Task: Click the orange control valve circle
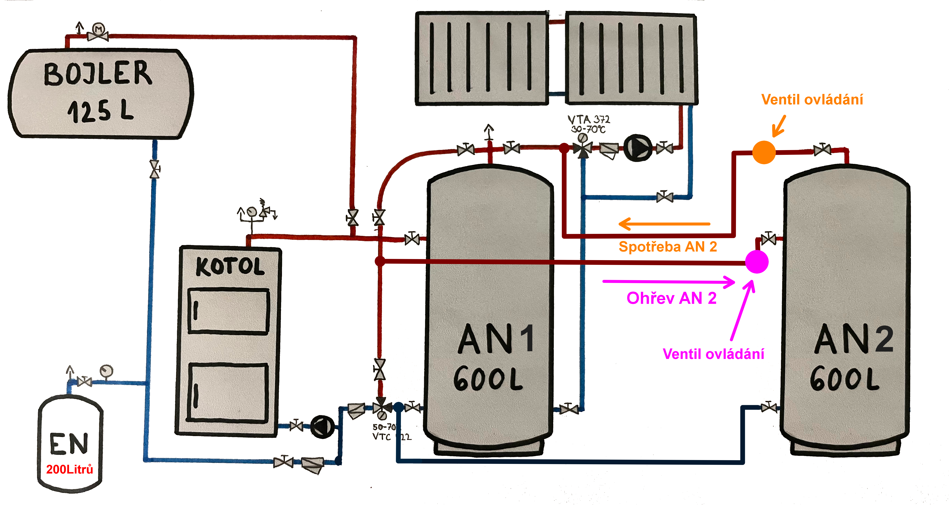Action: pyautogui.click(x=764, y=152)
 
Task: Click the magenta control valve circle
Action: pyautogui.click(x=757, y=262)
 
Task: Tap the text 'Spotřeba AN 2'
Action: pyautogui.click(x=668, y=246)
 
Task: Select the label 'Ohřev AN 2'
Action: pyautogui.click(x=671, y=298)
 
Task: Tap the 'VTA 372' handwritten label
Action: pyautogui.click(x=589, y=119)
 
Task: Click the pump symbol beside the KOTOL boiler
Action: pyautogui.click(x=322, y=427)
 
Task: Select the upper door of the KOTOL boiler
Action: pyautogui.click(x=228, y=311)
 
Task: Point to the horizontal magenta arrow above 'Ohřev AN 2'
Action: pyautogui.click(x=669, y=282)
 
